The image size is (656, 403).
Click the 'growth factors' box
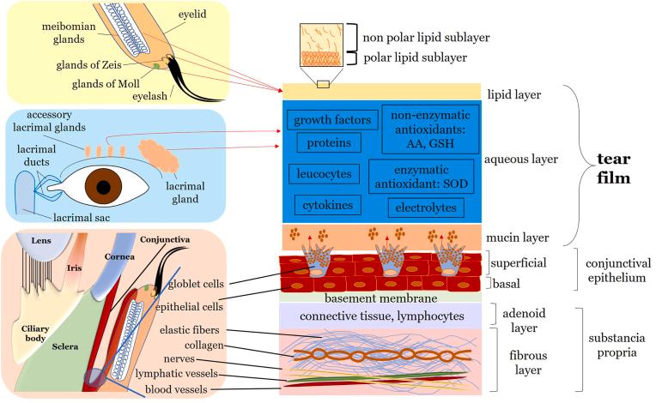coord(329,121)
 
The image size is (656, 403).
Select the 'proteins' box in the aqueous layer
coord(329,143)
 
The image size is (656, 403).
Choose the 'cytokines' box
coord(328,206)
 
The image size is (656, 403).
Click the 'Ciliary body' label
coord(34,334)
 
